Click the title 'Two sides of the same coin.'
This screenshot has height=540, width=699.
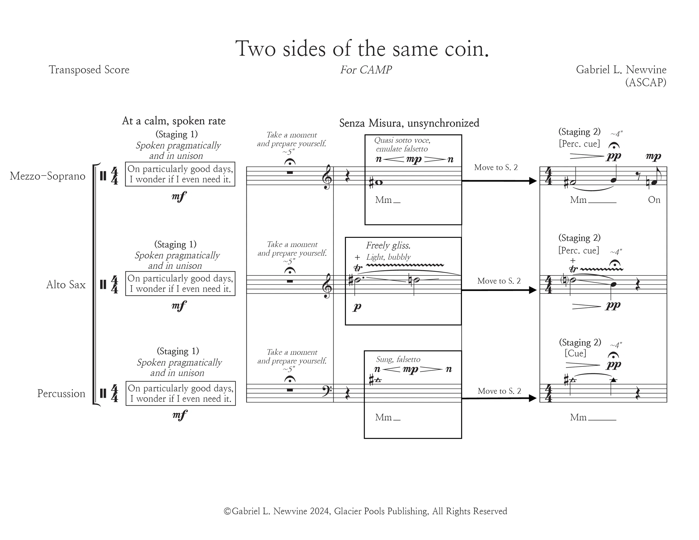tap(362, 49)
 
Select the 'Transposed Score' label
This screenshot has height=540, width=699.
tap(89, 70)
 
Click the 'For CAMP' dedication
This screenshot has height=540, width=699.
tap(366, 70)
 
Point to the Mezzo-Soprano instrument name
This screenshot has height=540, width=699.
tap(48, 176)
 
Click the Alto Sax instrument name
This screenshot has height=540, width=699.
tap(66, 284)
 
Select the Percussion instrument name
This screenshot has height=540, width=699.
tap(61, 393)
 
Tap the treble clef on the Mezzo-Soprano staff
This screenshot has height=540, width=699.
tap(327, 177)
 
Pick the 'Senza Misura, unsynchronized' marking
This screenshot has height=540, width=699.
tap(409, 123)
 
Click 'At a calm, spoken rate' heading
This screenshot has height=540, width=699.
tap(174, 121)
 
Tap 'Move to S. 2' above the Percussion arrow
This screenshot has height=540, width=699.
tap(499, 391)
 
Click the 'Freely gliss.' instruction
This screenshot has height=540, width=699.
tap(388, 245)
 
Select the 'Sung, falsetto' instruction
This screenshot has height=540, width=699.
tap(398, 360)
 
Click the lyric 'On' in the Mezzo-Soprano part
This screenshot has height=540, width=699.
tap(654, 200)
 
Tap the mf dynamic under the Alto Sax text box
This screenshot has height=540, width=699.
tap(179, 306)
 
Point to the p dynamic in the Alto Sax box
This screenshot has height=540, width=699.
tap(357, 307)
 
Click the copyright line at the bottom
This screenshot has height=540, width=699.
tap(365, 511)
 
